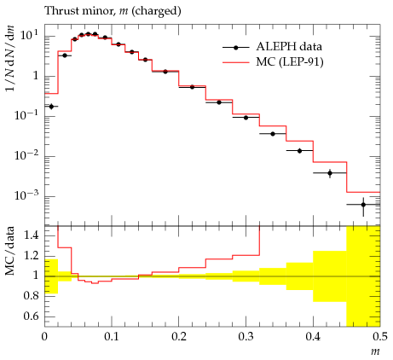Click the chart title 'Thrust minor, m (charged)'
pos(113,11)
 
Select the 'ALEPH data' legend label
pos(289,47)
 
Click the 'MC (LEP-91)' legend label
pos(290,62)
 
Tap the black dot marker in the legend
pos(235,48)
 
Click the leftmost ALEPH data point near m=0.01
pos(51,107)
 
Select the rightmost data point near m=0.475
pos(363,205)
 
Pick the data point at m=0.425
pos(330,173)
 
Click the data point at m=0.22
pos(192,87)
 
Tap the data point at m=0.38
pos(299,151)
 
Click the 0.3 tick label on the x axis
pos(246,337)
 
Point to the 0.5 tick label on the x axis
pos(380,337)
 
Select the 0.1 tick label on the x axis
pos(112,337)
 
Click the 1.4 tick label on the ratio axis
pos(31,235)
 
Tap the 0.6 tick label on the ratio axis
pos(31,316)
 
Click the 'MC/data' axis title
pos(9,251)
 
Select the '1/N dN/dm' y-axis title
pos(9,58)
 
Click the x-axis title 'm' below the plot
pos(375,351)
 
